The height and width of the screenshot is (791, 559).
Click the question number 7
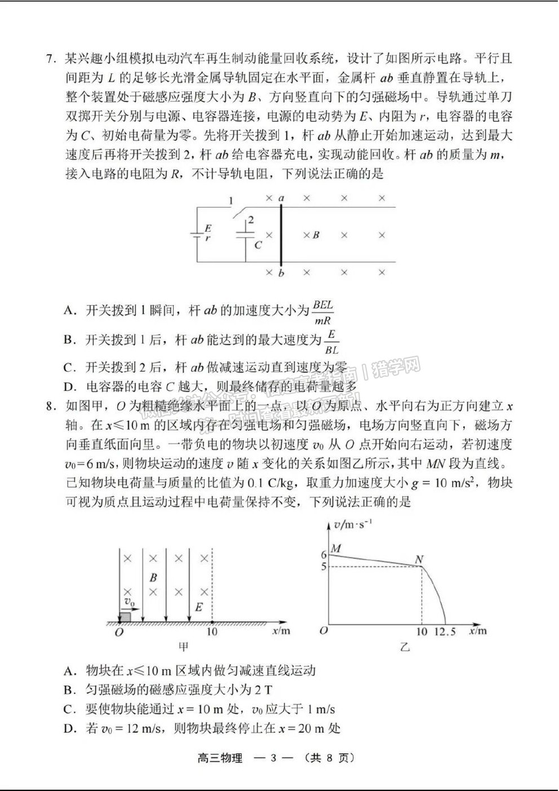[51, 59]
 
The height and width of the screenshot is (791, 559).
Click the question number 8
[51, 406]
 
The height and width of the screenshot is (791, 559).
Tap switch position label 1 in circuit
[230, 201]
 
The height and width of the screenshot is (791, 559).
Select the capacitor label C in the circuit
[258, 245]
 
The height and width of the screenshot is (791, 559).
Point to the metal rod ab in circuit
[281, 234]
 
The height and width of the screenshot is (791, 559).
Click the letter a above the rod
[281, 198]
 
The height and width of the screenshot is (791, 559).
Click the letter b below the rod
[281, 273]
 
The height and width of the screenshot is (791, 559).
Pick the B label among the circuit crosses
[316, 235]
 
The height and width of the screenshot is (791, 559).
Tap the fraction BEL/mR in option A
[323, 313]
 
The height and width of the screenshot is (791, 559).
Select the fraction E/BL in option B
[331, 342]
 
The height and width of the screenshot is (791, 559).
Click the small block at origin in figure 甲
[125, 616]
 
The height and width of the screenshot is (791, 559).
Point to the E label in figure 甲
[198, 607]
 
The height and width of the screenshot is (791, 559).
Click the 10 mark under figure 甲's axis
[212, 632]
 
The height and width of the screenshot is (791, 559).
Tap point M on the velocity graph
[336, 548]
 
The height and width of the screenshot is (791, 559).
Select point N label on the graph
[419, 559]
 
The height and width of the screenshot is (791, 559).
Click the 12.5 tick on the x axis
[445, 632]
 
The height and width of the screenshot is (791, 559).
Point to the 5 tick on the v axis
[324, 566]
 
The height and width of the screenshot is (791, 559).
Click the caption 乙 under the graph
[405, 647]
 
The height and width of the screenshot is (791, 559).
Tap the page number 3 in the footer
[273, 758]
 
